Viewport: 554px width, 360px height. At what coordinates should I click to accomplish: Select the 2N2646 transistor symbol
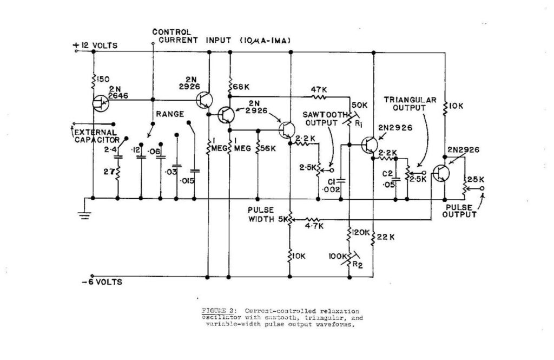point(98,103)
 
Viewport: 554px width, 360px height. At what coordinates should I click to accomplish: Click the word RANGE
point(170,114)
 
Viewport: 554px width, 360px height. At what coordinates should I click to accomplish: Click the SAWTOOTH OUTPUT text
point(321,117)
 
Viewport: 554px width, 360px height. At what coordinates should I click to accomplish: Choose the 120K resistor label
point(361,232)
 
